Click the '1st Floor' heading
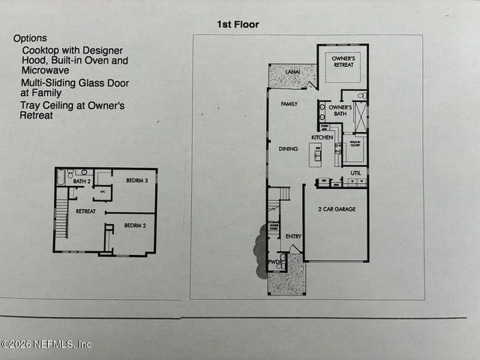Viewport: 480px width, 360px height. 238,25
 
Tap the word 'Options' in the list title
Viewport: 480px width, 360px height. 30,38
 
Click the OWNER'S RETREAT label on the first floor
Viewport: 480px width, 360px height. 343,61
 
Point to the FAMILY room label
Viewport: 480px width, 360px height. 289,104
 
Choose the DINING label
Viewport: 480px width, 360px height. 289,148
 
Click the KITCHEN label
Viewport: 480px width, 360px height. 322,137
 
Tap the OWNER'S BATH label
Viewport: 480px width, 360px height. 340,111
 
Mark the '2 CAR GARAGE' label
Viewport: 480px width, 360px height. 335,208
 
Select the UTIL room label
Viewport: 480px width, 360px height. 355,172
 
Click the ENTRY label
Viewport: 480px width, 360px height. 293,236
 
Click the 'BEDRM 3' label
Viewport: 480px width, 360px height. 136,180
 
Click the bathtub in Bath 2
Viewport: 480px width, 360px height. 60,178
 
